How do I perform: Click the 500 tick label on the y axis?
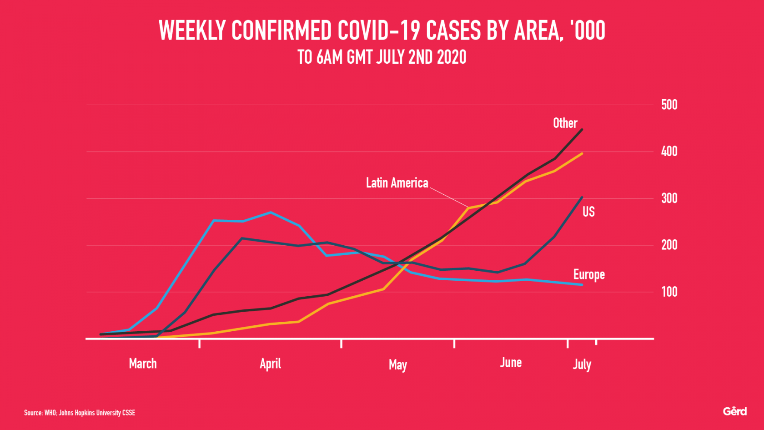coord(669,105)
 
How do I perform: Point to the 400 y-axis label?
coord(669,152)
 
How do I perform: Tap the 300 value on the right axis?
coord(669,198)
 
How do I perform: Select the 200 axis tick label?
coord(669,245)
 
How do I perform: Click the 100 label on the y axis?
coord(669,292)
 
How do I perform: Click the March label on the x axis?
coord(143,364)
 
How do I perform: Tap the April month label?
coord(270,364)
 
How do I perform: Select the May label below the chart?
coord(397,365)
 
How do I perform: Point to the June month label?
coord(511,363)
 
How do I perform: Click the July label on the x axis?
coord(582,364)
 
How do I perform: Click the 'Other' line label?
coord(565,123)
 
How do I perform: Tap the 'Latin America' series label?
coord(397,183)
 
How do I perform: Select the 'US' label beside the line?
coord(588,212)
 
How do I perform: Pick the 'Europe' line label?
coord(589,275)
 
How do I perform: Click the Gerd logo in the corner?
coord(735,411)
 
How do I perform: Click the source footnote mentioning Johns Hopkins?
coord(80,413)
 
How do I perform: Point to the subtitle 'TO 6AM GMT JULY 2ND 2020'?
coord(382,57)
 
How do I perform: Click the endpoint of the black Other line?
coord(582,130)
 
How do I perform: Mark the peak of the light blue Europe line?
coord(271,212)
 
